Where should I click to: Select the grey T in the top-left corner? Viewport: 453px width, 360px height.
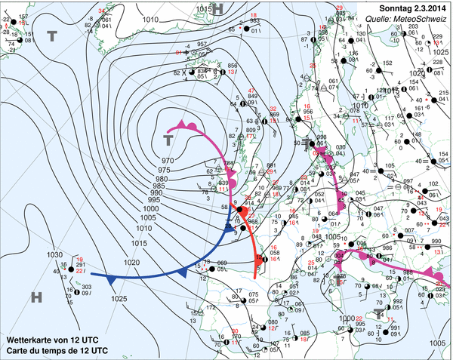[x=52, y=35]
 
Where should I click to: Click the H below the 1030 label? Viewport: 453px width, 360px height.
[x=36, y=297]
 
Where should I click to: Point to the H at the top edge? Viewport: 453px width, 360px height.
[x=218, y=8]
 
